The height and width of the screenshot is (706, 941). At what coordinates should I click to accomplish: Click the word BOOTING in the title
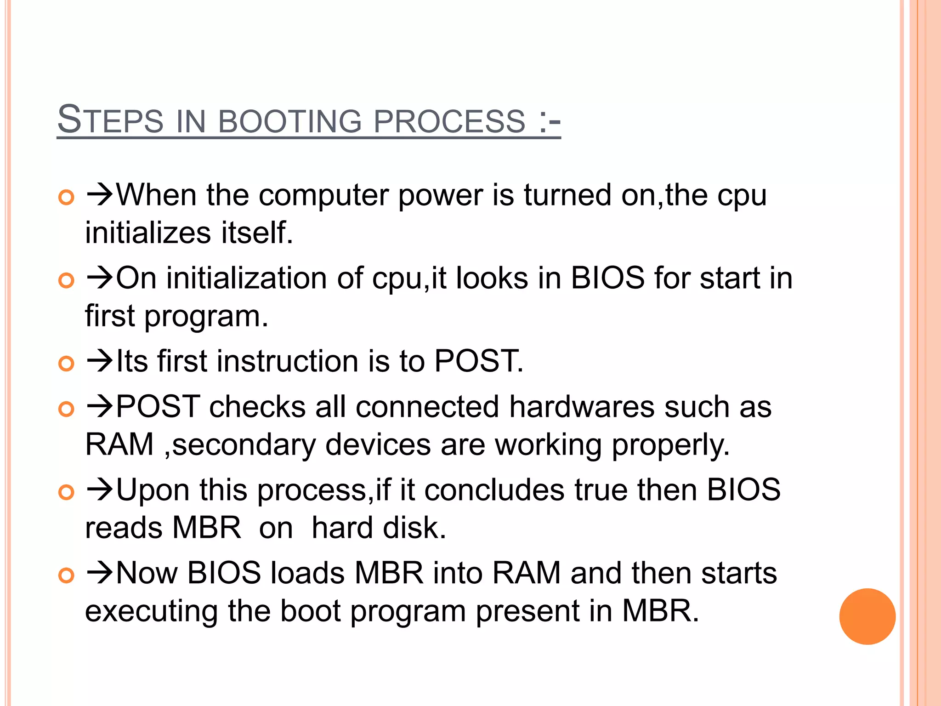click(x=290, y=121)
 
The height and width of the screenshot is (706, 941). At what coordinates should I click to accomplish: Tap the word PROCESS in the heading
click(x=449, y=121)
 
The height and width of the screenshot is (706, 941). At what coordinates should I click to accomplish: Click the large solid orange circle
click(x=867, y=616)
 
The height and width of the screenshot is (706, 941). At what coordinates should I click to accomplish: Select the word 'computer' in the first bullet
click(x=324, y=196)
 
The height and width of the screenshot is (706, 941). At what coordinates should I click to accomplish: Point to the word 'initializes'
click(x=148, y=233)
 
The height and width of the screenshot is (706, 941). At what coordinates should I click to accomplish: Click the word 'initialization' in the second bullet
click(x=246, y=279)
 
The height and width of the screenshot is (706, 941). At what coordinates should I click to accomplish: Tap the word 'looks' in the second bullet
click(x=492, y=279)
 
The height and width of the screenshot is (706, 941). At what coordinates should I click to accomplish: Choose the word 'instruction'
click(x=287, y=361)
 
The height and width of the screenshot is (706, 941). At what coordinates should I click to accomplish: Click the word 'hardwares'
click(x=582, y=407)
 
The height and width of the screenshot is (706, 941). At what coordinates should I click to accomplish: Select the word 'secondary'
click(x=244, y=445)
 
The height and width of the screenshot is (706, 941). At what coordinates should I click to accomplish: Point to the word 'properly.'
click(x=670, y=445)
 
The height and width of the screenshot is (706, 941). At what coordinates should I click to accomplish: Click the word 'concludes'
click(x=494, y=490)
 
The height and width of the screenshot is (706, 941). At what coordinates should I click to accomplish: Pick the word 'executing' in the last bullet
click(x=151, y=611)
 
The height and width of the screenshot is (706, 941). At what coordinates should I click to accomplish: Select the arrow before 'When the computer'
click(x=100, y=195)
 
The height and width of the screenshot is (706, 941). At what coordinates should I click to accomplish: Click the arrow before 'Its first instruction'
click(x=100, y=361)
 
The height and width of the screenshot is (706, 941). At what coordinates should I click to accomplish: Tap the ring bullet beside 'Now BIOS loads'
click(x=67, y=575)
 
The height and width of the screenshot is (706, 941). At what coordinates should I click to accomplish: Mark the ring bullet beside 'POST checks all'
click(x=67, y=409)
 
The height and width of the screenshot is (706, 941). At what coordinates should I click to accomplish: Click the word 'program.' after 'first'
click(x=206, y=317)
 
